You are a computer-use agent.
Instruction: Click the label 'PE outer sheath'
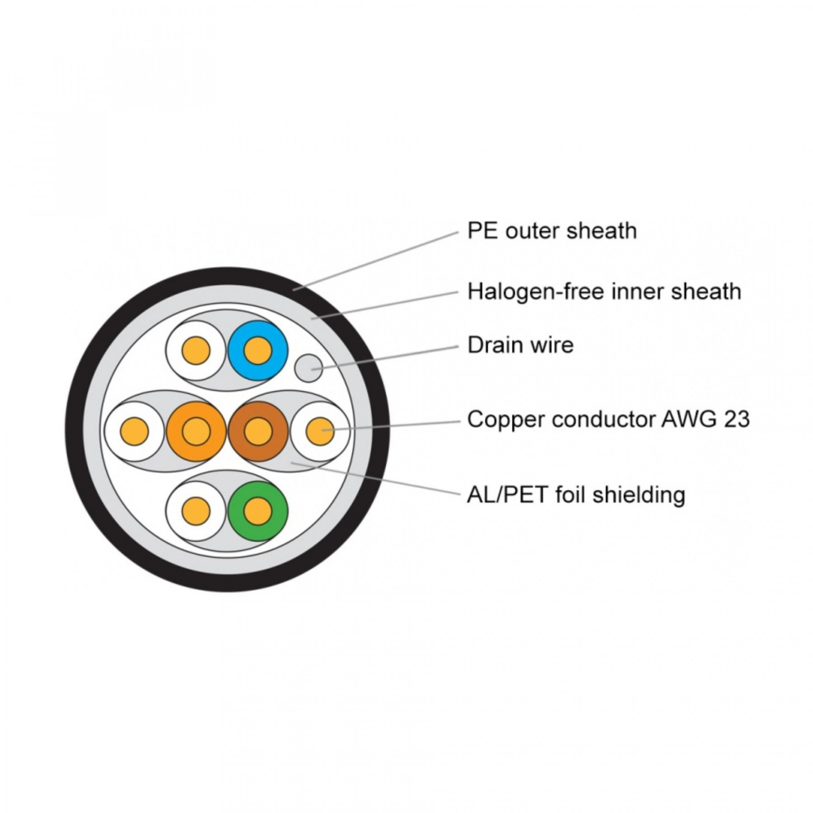[552, 231]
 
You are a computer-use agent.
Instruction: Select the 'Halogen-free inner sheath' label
[604, 291]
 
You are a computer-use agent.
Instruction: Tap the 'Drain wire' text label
[520, 345]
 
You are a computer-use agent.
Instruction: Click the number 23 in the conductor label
[736, 419]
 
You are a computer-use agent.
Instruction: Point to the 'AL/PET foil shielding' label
[576, 495]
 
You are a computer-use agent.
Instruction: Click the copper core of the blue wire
[258, 350]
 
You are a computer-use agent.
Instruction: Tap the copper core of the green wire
[258, 511]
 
